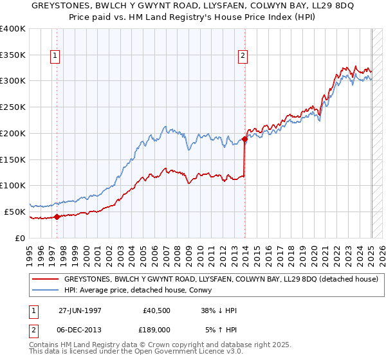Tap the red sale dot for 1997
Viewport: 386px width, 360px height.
57,217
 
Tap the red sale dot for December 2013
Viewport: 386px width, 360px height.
245,139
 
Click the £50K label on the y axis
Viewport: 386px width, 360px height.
15,212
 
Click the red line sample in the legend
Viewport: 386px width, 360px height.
46,279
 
